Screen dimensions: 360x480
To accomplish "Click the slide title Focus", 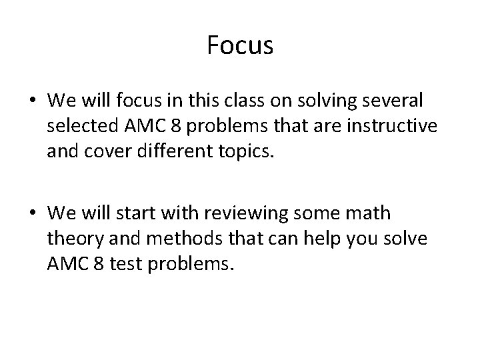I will tap(240, 45).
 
